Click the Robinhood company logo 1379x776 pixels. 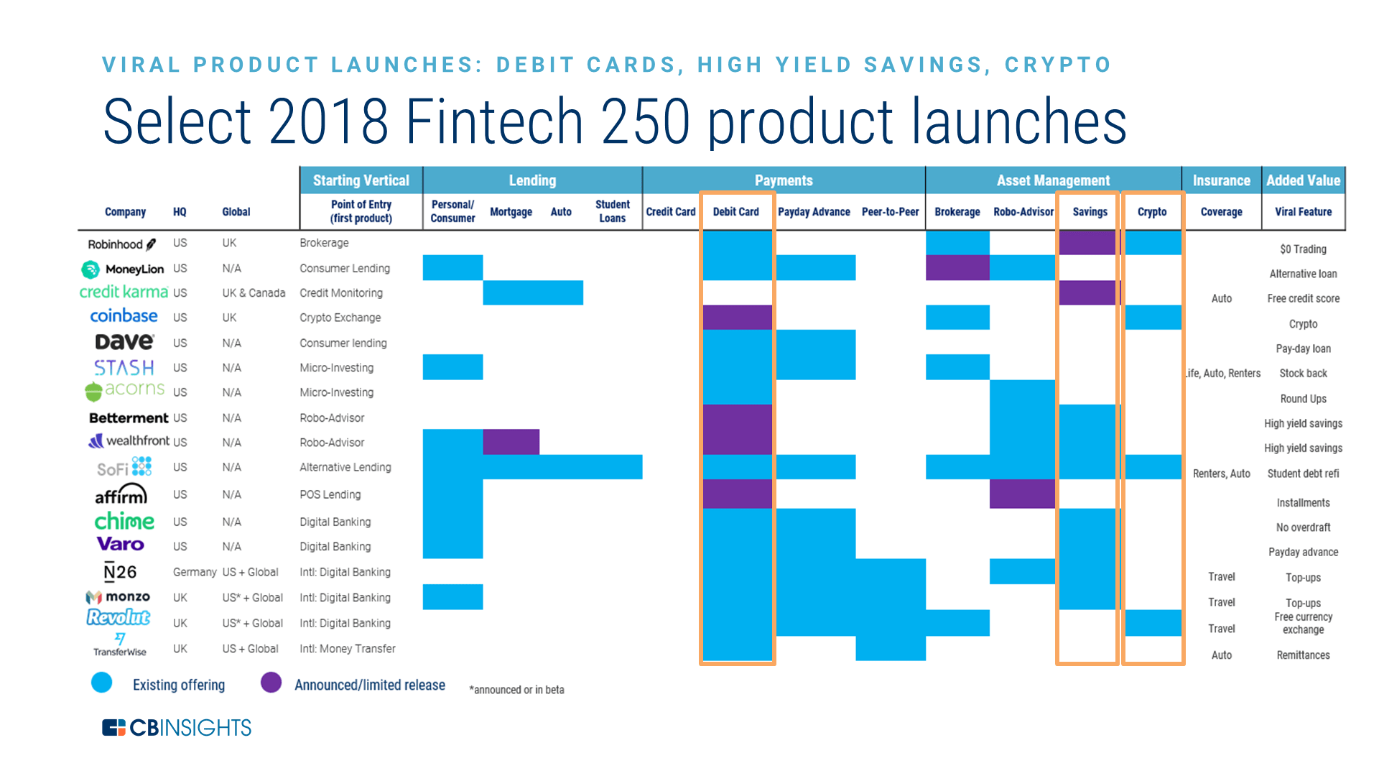[x=121, y=244]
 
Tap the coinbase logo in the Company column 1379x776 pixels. [x=124, y=316]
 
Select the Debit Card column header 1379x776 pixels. [x=735, y=212]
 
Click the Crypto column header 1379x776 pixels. [x=1151, y=212]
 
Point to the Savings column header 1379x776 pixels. [x=1090, y=212]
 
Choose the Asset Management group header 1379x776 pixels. [x=1053, y=180]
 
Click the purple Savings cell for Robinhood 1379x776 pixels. [x=1087, y=243]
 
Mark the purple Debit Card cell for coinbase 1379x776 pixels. [x=737, y=317]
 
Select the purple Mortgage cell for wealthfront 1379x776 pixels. [x=511, y=442]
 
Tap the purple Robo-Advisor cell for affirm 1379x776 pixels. [x=1022, y=494]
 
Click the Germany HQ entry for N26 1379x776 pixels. [x=194, y=572]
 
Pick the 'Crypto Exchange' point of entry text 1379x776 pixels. [x=340, y=318]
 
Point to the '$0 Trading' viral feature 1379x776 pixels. [x=1303, y=249]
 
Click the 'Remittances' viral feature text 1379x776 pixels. [x=1303, y=655]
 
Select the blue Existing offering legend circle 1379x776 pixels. [x=102, y=683]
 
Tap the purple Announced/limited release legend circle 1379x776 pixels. [x=271, y=683]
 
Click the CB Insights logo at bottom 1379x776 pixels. [x=177, y=728]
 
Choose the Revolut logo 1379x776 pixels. [x=119, y=617]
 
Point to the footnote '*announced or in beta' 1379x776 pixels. [x=516, y=690]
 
